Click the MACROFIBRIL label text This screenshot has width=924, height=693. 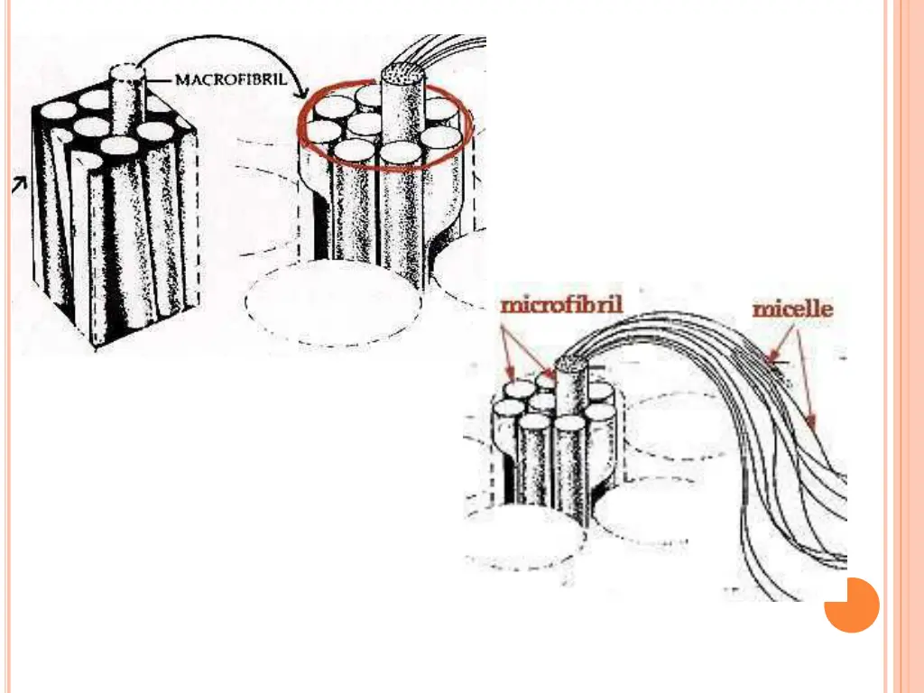(230, 79)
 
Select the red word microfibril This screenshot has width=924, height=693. (561, 305)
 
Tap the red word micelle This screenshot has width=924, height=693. (792, 310)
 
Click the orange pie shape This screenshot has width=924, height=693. (851, 605)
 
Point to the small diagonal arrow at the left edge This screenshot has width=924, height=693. (17, 185)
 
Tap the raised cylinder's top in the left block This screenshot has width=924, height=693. (127, 72)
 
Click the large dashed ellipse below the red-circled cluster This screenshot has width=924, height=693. (334, 303)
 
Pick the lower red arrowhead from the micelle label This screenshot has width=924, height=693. (811, 421)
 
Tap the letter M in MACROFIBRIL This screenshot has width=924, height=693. (181, 79)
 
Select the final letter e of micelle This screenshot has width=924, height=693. (827, 310)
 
